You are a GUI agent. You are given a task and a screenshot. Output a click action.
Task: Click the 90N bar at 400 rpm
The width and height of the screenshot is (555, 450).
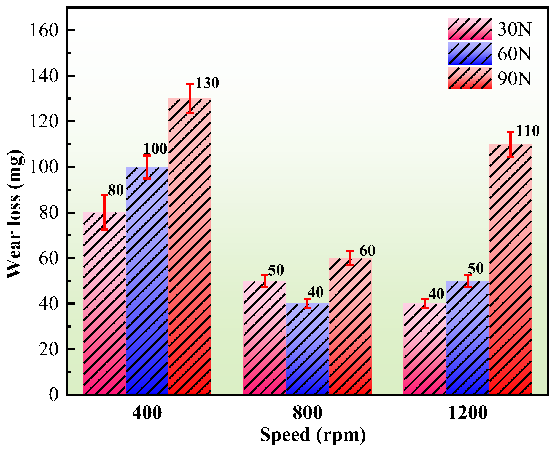[190, 246]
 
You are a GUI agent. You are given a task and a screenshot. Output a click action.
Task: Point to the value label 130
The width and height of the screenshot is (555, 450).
[207, 83]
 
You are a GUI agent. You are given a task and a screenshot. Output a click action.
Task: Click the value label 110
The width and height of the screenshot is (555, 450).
[527, 131]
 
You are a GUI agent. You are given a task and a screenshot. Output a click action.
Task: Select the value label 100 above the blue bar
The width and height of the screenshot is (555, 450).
[155, 149]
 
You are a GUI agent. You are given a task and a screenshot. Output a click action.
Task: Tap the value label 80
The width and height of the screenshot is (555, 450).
[116, 190]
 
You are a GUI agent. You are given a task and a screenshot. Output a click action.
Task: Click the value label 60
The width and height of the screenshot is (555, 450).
[367, 251]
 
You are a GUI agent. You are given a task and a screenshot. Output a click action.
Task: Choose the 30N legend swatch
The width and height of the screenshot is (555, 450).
[470, 29]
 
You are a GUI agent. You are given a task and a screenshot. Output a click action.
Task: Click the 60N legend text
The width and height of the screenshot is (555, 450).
[514, 54]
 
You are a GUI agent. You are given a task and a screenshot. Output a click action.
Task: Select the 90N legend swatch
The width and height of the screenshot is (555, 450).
[470, 79]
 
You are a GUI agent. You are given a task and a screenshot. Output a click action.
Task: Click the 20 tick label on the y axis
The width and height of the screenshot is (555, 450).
[48, 349]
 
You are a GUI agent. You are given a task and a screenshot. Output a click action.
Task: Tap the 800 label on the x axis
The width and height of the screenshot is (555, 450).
[307, 412]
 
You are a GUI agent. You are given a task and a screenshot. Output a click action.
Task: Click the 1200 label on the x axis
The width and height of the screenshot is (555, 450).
[467, 412]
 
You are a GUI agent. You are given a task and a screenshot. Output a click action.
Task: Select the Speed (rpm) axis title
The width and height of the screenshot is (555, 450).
[313, 435]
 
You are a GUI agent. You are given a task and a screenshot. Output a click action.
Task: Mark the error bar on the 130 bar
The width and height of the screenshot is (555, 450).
[190, 98]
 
